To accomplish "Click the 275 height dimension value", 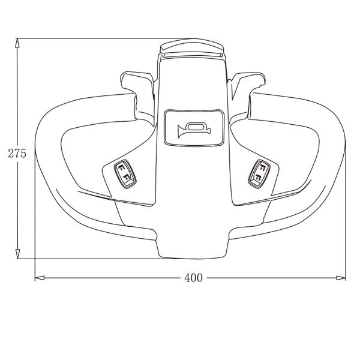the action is coord(17,154).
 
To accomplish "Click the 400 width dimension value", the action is coord(193,278).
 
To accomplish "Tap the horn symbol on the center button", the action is coord(194,130).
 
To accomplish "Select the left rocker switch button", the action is coord(125,174).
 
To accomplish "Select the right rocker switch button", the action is coord(259,174).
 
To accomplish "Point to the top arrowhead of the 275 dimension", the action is coord(17,43).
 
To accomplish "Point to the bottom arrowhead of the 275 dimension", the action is coord(17,254).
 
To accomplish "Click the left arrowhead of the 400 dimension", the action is coord(40,278).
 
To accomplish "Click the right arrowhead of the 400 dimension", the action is coord(341,278).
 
